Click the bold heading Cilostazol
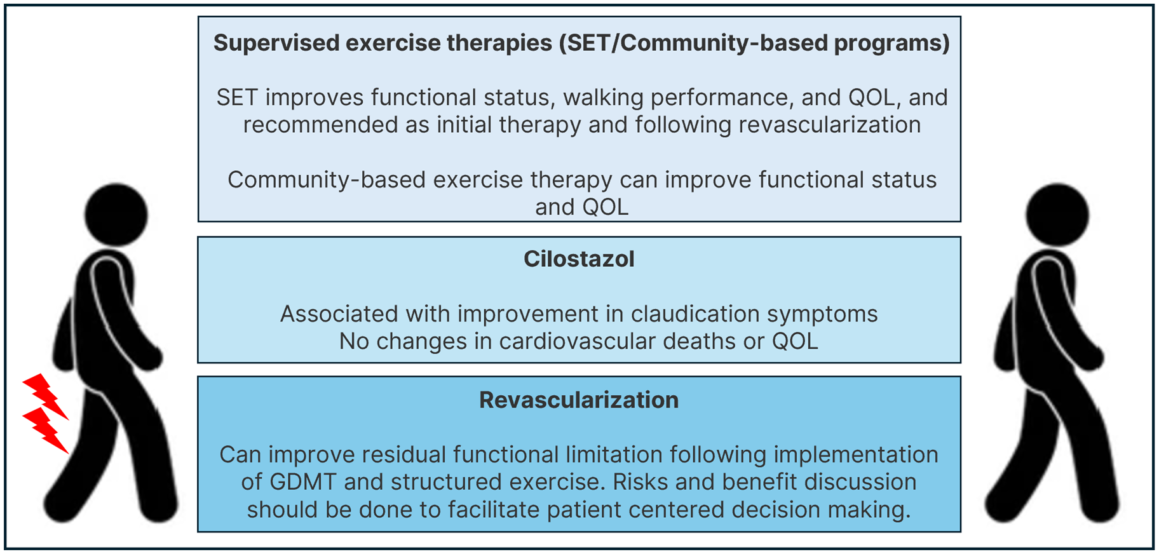[579, 259]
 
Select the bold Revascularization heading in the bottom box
[579, 400]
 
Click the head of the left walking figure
[116, 215]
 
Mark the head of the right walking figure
[1057, 215]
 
